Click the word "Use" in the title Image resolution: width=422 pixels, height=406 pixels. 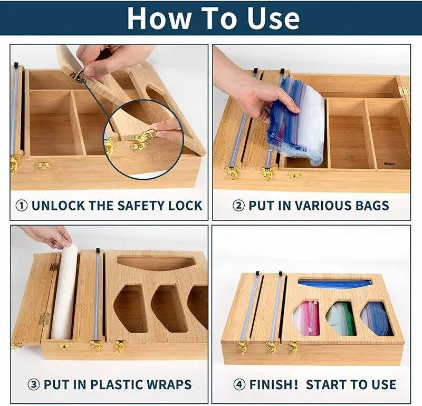(273, 18)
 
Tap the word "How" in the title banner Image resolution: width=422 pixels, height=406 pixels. (159, 18)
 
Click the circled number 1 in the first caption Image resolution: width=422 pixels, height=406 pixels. (22, 206)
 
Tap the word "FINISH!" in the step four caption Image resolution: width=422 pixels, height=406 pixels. (274, 384)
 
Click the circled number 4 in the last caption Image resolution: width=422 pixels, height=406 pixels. (239, 385)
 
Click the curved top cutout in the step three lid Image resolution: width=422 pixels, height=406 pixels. (156, 264)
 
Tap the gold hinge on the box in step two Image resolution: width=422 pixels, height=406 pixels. (403, 91)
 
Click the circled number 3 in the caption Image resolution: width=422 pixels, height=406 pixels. (34, 385)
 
